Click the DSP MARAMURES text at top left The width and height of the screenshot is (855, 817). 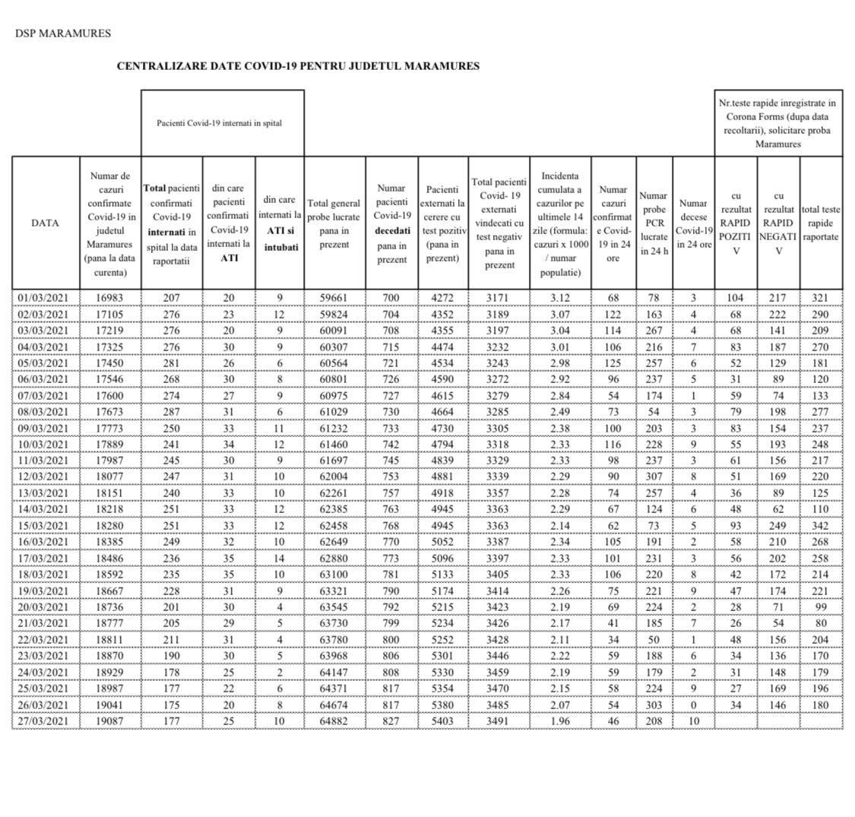63,33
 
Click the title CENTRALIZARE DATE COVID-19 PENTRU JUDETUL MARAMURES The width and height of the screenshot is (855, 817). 298,66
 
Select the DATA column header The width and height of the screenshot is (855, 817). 45,223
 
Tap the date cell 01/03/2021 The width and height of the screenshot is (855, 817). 45,298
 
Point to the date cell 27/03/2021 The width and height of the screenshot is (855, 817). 45,720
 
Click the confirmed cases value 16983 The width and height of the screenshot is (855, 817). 109,298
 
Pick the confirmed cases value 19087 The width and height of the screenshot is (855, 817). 109,720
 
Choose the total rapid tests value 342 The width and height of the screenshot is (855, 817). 820,525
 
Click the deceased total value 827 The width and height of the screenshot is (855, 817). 391,720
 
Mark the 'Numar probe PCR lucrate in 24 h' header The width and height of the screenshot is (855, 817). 654,223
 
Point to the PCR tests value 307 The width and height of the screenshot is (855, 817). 654,477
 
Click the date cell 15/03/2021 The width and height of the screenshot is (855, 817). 45,525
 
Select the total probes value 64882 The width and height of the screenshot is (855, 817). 334,720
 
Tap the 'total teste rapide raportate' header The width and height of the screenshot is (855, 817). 820,223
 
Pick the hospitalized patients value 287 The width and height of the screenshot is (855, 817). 171,411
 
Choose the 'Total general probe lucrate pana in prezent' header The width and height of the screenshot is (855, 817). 334,223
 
